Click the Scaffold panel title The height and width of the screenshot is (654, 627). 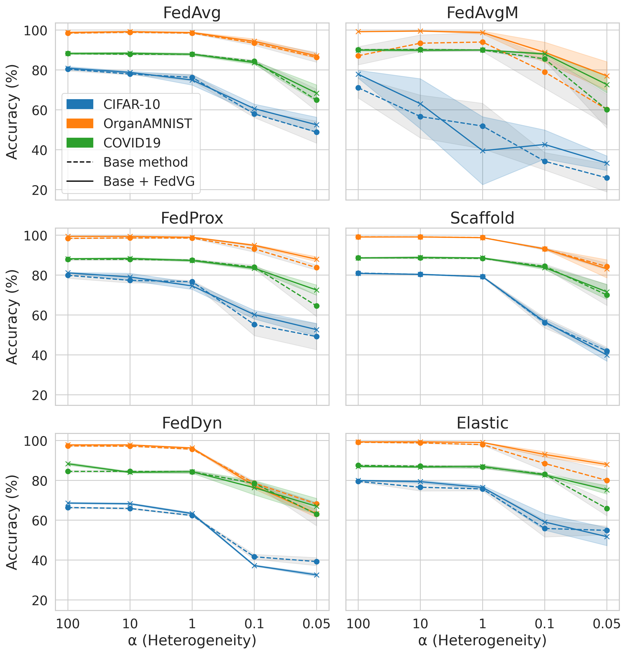click(482, 218)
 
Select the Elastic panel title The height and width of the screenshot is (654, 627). click(482, 423)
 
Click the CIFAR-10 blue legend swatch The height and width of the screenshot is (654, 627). click(80, 104)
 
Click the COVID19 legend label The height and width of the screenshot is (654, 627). click(132, 143)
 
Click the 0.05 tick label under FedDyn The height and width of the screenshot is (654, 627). click(316, 623)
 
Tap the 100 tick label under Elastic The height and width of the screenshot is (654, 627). click(358, 623)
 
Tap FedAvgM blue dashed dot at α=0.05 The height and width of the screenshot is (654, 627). click(607, 178)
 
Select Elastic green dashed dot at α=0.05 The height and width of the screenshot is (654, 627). click(607, 509)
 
